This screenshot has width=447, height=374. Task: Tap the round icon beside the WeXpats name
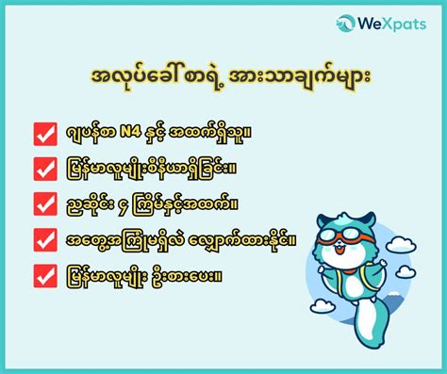pyautogui.click(x=346, y=23)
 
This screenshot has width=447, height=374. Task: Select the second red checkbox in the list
pyautogui.click(x=46, y=169)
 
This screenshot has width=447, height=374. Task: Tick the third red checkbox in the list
pyautogui.click(x=46, y=203)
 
